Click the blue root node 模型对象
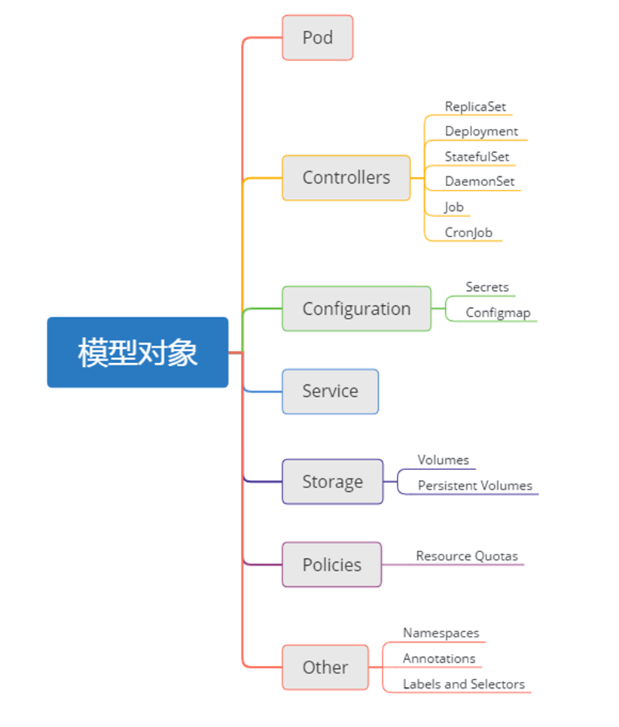[138, 353]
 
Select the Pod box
[317, 38]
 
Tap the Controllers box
[346, 178]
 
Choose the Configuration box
[356, 309]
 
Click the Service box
[330, 391]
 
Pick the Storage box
[332, 482]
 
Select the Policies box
[331, 565]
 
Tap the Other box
[325, 667]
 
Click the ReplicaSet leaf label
[475, 107]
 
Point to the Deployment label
[481, 131]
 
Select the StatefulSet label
[477, 157]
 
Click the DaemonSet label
[480, 182]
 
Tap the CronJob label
[468, 232]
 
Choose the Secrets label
[487, 287]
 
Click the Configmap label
[498, 313]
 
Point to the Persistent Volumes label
[475, 486]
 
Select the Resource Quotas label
[467, 556]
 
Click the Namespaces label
[441, 634]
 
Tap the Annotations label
[439, 658]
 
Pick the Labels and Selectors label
[464, 684]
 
